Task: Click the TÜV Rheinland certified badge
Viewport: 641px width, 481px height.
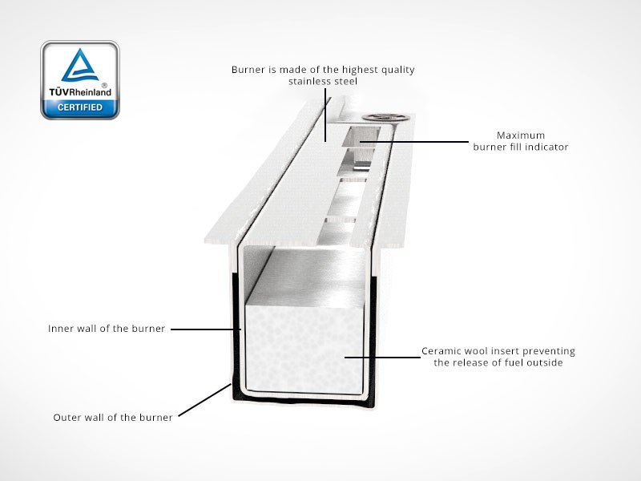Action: click(x=80, y=80)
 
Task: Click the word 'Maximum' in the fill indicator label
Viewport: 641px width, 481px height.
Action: click(x=521, y=135)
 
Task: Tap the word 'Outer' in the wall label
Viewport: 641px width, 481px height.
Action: click(x=68, y=418)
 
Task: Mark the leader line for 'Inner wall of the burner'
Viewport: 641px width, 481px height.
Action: click(x=204, y=329)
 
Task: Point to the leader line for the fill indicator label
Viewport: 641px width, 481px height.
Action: click(x=417, y=141)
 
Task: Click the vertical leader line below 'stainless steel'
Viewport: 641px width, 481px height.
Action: click(x=325, y=112)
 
